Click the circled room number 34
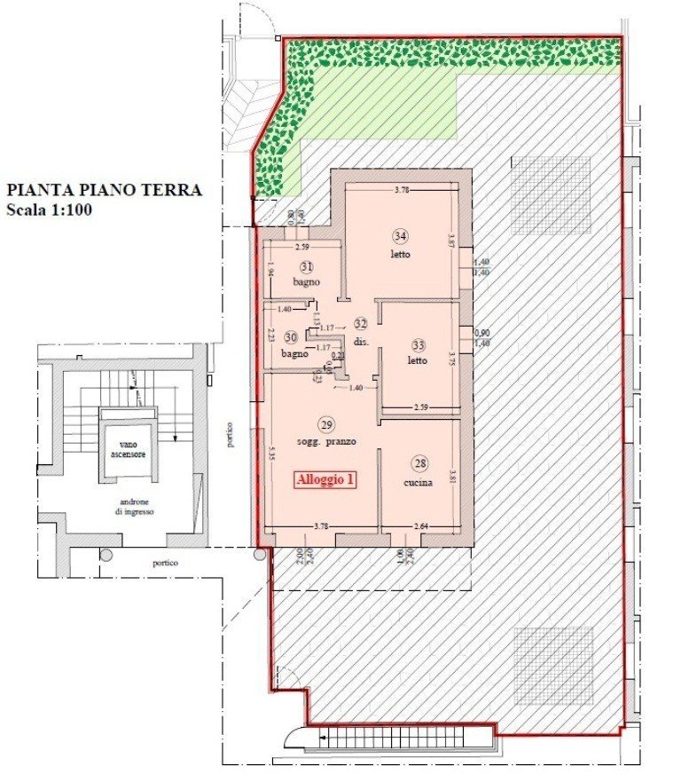(x=401, y=236)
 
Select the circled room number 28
(x=419, y=464)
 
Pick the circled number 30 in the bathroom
(x=290, y=337)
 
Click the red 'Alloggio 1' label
(x=326, y=480)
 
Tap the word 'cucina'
(x=418, y=483)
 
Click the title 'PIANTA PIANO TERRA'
(x=104, y=190)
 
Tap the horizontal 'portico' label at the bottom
(x=164, y=563)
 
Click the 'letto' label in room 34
(x=400, y=255)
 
